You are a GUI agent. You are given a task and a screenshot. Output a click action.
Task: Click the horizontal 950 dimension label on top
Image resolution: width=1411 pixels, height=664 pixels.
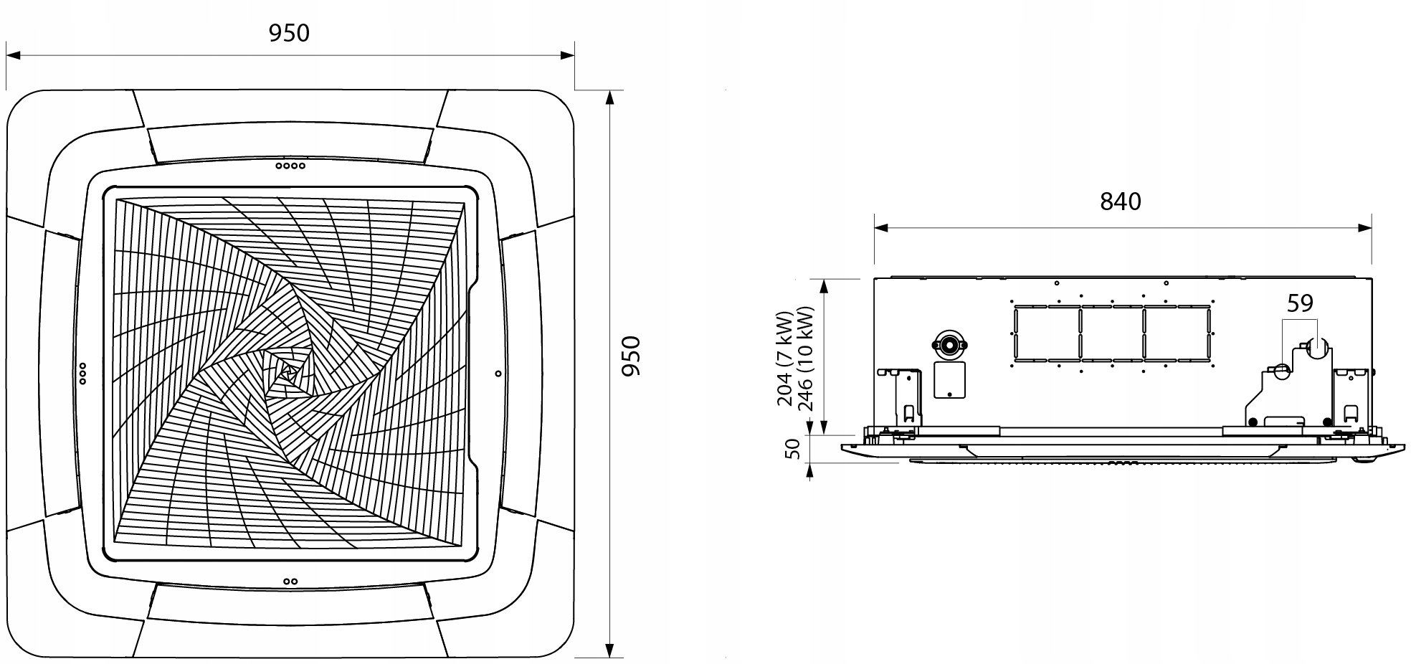pyautogui.click(x=289, y=33)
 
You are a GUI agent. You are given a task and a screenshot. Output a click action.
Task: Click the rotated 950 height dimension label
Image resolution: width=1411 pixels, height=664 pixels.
pyautogui.click(x=631, y=356)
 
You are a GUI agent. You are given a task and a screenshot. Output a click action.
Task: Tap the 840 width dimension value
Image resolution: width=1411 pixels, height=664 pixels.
pyautogui.click(x=1120, y=201)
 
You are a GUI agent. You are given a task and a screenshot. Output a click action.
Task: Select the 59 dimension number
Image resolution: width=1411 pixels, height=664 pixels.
pyautogui.click(x=1300, y=304)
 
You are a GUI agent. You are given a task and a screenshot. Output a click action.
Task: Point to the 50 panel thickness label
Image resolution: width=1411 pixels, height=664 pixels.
pyautogui.click(x=792, y=449)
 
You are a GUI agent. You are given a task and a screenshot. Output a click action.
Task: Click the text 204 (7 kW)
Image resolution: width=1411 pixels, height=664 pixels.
pyautogui.click(x=785, y=359)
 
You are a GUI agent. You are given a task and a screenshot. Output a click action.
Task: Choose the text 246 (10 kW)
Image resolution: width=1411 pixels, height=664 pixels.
pyautogui.click(x=805, y=359)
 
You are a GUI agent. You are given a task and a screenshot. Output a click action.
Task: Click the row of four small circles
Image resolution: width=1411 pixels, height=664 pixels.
pyautogui.click(x=290, y=166)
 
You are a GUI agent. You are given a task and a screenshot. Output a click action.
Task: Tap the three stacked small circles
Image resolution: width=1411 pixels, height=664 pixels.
pyautogui.click(x=82, y=374)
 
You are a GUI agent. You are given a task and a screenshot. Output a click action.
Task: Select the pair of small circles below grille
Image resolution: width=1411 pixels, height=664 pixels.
pyautogui.click(x=290, y=581)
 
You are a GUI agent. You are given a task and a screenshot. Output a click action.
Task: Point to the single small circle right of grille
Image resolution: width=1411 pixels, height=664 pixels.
pyautogui.click(x=498, y=374)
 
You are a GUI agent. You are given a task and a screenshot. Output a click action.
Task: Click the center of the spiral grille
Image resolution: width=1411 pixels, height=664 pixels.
pyautogui.click(x=289, y=371)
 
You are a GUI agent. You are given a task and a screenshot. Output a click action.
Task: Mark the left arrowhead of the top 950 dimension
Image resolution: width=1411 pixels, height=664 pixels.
pyautogui.click(x=12, y=54)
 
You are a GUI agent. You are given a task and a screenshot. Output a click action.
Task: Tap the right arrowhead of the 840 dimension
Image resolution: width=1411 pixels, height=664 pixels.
pyautogui.click(x=1365, y=228)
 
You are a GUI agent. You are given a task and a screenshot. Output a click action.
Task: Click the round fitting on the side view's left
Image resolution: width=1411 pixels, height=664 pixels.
pyautogui.click(x=949, y=345)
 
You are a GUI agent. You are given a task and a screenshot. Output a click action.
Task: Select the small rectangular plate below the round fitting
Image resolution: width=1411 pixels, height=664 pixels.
pyautogui.click(x=949, y=380)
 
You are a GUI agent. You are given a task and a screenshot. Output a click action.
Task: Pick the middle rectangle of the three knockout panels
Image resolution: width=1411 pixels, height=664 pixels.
pyautogui.click(x=1112, y=334)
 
